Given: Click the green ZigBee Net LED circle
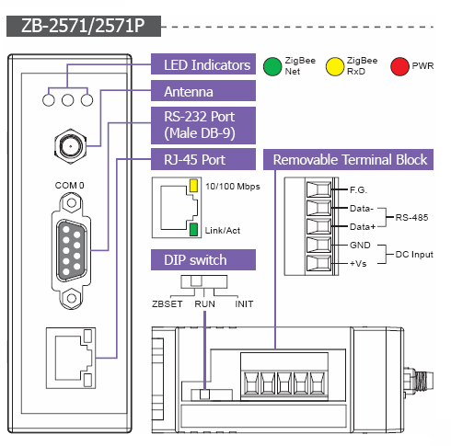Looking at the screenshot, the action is pos(272,66).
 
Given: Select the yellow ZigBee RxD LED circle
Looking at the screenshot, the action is pos(335,66).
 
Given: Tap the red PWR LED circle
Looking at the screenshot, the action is pos(399,66).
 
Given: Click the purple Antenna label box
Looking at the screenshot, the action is pos(203,91).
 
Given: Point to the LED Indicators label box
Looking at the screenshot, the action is pos(203,64).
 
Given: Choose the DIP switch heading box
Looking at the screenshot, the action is pos(203,259).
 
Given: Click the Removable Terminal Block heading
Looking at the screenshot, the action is pos(348,159).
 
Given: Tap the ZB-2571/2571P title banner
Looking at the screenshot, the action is pos(84,26).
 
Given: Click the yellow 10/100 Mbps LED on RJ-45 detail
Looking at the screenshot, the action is pos(193,186).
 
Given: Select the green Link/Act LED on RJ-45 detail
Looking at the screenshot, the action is pos(193,230).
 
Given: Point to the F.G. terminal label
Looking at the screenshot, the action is pos(358,190).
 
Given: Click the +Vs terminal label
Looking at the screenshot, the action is pos(358,264).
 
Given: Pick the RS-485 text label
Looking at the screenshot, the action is pos(411,218).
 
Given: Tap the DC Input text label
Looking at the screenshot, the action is pos(414,255).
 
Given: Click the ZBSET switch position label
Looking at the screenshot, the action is pos(168,304).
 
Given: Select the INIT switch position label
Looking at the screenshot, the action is pos(244,304).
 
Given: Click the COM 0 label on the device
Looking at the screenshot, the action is pos(69,185).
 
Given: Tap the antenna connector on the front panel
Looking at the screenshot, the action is pos(70,146).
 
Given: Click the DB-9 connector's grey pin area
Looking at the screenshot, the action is pos(72,250).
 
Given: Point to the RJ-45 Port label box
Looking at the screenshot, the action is pos(203,159).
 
